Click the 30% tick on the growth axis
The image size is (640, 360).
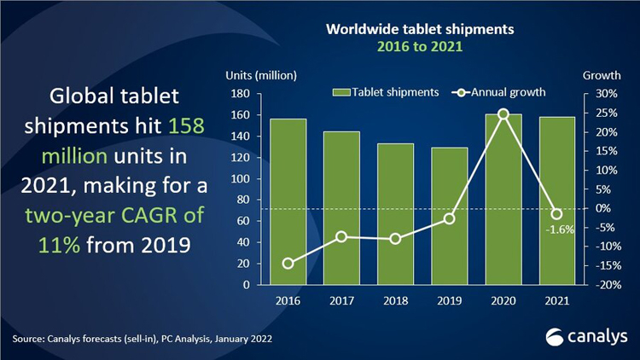[596, 94]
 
